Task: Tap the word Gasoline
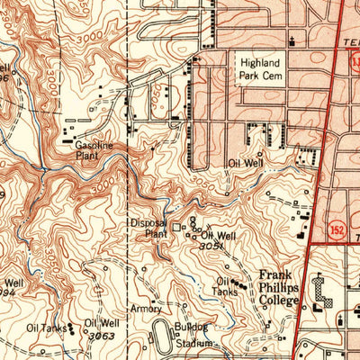click(x=94, y=145)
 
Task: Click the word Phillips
click(x=278, y=287)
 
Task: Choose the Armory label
click(x=146, y=308)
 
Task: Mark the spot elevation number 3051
click(x=211, y=246)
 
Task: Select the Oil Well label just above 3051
click(x=219, y=235)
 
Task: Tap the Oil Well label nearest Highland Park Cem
click(x=244, y=163)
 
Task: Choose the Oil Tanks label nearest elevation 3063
click(x=45, y=328)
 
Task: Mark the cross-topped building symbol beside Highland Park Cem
click(x=292, y=38)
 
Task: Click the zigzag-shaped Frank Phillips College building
click(x=321, y=290)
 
